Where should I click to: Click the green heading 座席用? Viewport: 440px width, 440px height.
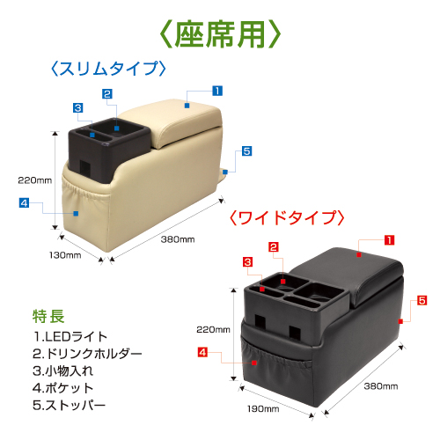click(220, 34)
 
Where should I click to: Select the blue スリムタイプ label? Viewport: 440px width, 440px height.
click(108, 69)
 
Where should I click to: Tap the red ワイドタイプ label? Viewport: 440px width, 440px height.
click(287, 217)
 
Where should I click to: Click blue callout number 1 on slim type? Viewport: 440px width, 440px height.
click(217, 91)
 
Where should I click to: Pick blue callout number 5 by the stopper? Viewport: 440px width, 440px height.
click(246, 151)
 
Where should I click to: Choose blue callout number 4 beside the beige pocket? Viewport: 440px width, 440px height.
click(24, 202)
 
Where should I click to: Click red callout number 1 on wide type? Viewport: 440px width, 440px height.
click(389, 240)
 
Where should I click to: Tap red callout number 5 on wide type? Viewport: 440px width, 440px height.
click(422, 300)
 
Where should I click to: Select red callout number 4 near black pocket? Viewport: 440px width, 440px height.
click(202, 352)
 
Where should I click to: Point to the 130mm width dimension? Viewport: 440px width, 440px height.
click(65, 255)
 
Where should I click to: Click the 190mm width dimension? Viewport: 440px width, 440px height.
click(263, 409)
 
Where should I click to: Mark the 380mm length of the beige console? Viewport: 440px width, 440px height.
click(178, 239)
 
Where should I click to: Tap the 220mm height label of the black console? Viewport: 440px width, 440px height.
click(213, 329)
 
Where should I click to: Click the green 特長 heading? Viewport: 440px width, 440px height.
click(48, 316)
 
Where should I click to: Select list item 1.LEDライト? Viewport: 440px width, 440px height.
click(70, 337)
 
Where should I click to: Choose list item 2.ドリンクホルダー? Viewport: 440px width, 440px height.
click(87, 354)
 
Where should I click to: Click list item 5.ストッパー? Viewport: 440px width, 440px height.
click(70, 406)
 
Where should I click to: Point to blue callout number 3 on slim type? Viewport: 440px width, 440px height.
click(78, 107)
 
